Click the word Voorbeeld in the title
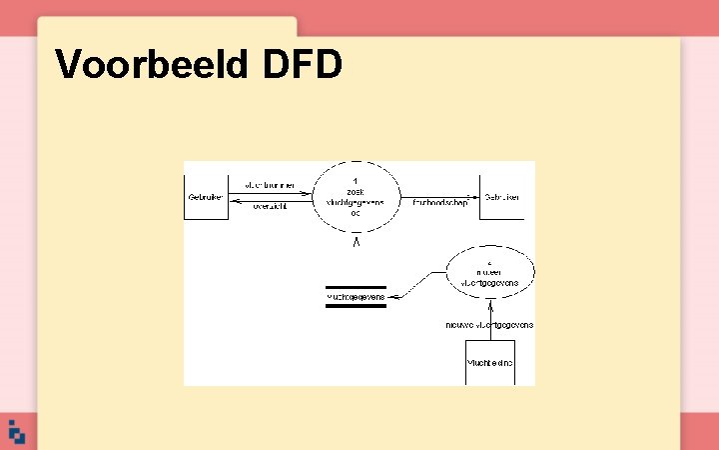click(x=152, y=64)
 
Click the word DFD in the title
click(x=303, y=64)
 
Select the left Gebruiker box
click(x=204, y=197)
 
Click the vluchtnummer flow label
click(x=269, y=186)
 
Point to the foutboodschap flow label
click(x=439, y=201)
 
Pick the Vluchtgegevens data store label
click(x=356, y=297)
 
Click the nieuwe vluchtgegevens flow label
click(x=489, y=325)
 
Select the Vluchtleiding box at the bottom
click(x=490, y=363)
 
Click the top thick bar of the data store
click(x=356, y=288)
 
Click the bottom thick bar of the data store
click(x=356, y=306)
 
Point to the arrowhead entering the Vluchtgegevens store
click(x=391, y=296)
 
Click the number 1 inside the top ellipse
click(x=356, y=179)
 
